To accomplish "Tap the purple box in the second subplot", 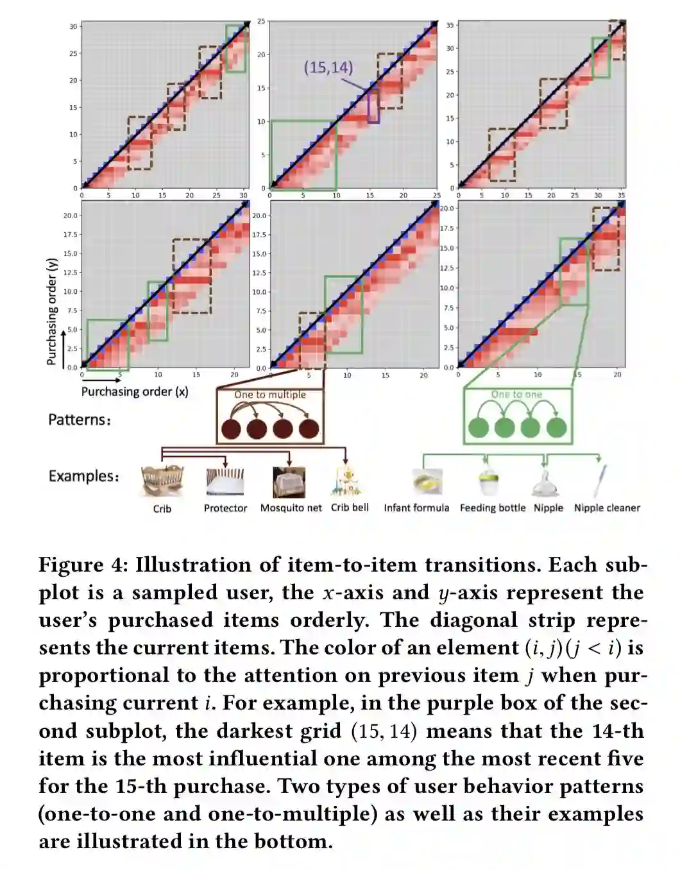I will [x=373, y=106].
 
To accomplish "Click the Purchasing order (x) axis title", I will [x=135, y=391].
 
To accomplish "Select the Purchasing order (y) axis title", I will [x=52, y=312].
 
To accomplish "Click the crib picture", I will [x=162, y=482].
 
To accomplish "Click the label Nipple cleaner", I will [x=607, y=508].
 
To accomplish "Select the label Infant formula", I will [x=416, y=508].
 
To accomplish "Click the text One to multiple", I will [x=270, y=395].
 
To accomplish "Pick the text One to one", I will [x=516, y=395].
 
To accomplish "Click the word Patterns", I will [x=79, y=420].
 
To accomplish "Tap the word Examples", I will [x=83, y=476].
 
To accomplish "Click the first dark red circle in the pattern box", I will [x=230, y=429].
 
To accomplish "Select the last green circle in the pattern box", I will [x=556, y=427].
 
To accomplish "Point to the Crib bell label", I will [x=350, y=507].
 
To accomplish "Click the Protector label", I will [x=225, y=508].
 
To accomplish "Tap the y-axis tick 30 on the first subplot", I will [x=74, y=26].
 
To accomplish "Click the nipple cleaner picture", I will [x=600, y=481].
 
